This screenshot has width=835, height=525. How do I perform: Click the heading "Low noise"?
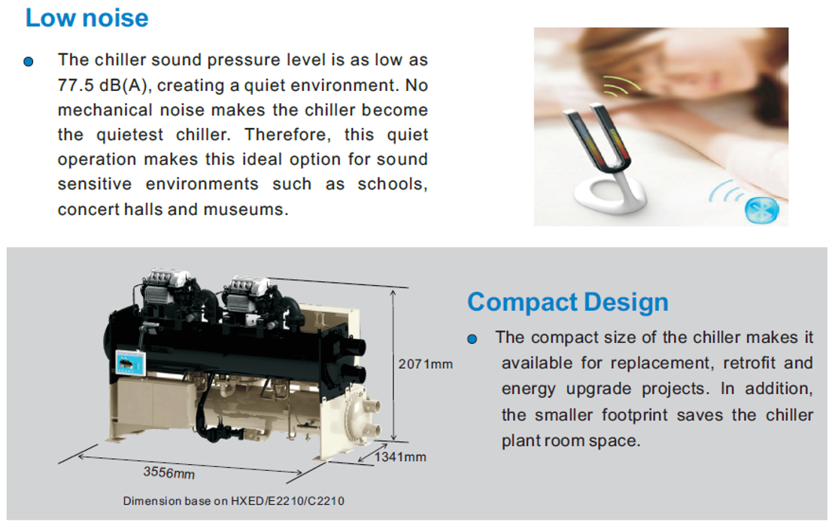[x=87, y=18]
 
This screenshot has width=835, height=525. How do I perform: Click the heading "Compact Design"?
[x=568, y=302]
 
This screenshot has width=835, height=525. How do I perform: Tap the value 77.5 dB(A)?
[x=102, y=85]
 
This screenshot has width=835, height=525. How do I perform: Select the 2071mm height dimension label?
[x=426, y=364]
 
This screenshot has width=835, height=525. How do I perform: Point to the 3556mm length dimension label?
[x=169, y=472]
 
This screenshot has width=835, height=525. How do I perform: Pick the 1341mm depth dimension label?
[x=400, y=457]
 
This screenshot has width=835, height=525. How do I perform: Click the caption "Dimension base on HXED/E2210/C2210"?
[x=234, y=501]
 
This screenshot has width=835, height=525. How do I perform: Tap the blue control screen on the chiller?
[x=130, y=364]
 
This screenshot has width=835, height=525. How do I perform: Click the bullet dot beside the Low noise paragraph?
[x=29, y=62]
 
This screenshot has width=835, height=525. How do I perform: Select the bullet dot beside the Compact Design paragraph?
[x=472, y=339]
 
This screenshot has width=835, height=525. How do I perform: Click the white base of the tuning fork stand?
[x=610, y=195]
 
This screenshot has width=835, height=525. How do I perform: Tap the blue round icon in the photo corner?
[x=761, y=211]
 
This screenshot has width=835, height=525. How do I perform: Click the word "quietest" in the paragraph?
[x=129, y=135]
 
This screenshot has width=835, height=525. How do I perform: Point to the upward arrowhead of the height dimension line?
[x=393, y=293]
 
